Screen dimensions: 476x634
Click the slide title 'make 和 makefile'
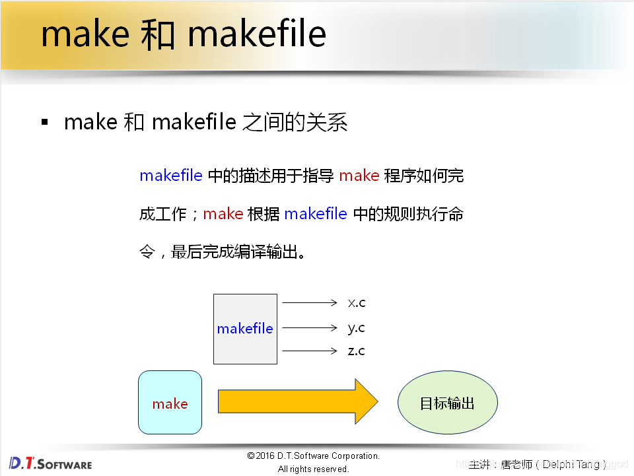[184, 34]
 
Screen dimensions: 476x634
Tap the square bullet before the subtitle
[45, 122]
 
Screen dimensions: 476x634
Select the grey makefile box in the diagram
[245, 329]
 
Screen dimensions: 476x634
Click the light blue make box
[170, 402]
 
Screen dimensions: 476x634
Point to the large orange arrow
[297, 402]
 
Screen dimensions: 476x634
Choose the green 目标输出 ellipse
[447, 403]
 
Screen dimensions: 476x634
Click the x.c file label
[357, 303]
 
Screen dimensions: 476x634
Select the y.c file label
[357, 327]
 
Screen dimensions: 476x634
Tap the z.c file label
[357, 351]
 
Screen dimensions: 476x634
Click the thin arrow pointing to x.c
[310, 303]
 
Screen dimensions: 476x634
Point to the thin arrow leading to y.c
[310, 327]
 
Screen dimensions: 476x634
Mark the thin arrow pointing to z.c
[310, 351]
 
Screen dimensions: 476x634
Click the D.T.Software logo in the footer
[50, 463]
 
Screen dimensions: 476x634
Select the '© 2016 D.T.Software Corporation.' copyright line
[314, 456]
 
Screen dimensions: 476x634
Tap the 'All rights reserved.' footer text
[313, 469]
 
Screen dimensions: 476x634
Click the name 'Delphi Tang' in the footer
[571, 464]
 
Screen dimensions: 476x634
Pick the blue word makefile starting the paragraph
[170, 176]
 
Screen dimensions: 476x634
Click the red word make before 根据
[223, 214]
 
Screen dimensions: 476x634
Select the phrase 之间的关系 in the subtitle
[295, 122]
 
